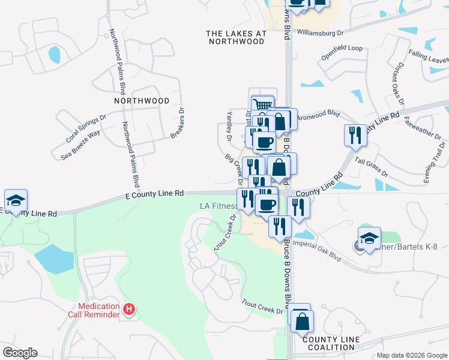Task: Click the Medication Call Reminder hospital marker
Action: pyautogui.click(x=128, y=310)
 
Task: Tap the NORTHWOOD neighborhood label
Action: pyautogui.click(x=142, y=101)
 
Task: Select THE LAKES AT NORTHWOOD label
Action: pyautogui.click(x=236, y=38)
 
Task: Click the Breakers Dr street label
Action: pyautogui.click(x=177, y=122)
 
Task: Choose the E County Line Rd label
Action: pyautogui.click(x=154, y=194)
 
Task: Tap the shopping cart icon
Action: pyautogui.click(x=262, y=106)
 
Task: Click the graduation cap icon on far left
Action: pyautogui.click(x=16, y=200)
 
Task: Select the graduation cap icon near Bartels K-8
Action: pyautogui.click(x=369, y=237)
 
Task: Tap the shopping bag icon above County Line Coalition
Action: pyautogui.click(x=302, y=321)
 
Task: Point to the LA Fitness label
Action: pyautogui.click(x=218, y=206)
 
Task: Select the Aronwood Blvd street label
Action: pyautogui.click(x=319, y=115)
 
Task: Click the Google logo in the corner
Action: pyautogui.click(x=20, y=353)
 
